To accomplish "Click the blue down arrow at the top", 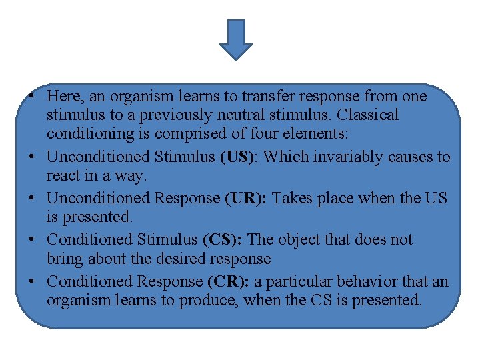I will coord(236,39).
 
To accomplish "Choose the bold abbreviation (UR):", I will coord(246,198).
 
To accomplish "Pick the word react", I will coord(62,176).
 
